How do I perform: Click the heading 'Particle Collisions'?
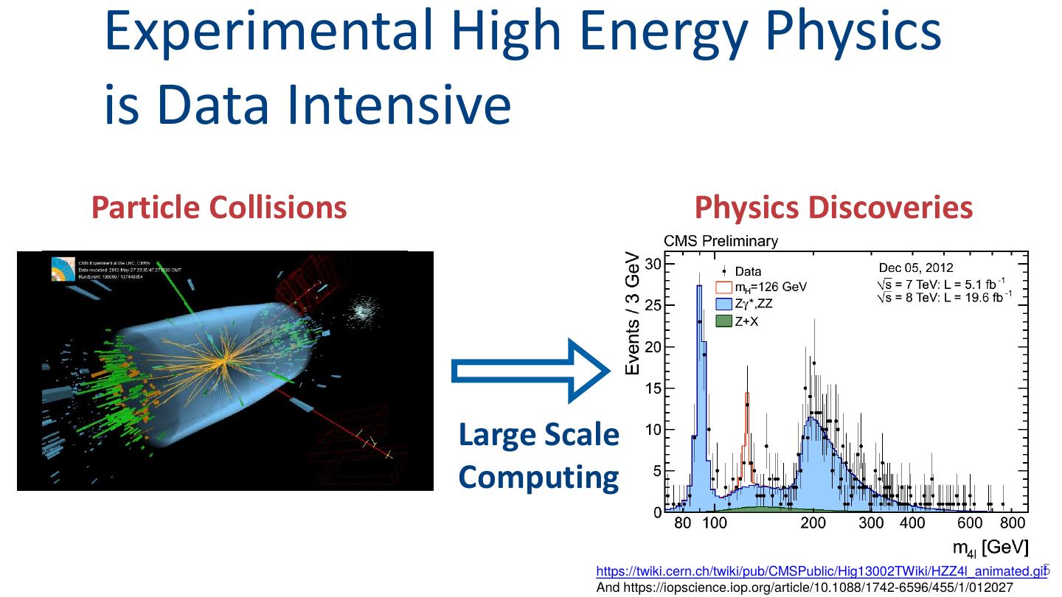(219, 208)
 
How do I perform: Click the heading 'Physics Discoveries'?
(833, 208)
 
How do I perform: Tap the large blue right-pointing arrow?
(531, 371)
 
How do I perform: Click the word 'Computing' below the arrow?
(538, 478)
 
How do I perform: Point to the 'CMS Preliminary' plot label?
(721, 241)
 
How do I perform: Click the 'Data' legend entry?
(748, 271)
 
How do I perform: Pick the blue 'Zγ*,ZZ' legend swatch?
(723, 304)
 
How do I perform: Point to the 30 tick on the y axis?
(654, 264)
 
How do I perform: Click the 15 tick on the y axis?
(654, 388)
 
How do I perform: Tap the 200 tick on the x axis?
(813, 523)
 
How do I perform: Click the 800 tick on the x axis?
(1013, 523)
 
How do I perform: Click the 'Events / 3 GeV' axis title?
(633, 313)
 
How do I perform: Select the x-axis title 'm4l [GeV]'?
(990, 548)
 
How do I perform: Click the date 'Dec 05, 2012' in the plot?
(915, 268)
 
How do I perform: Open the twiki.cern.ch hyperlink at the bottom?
(821, 571)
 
